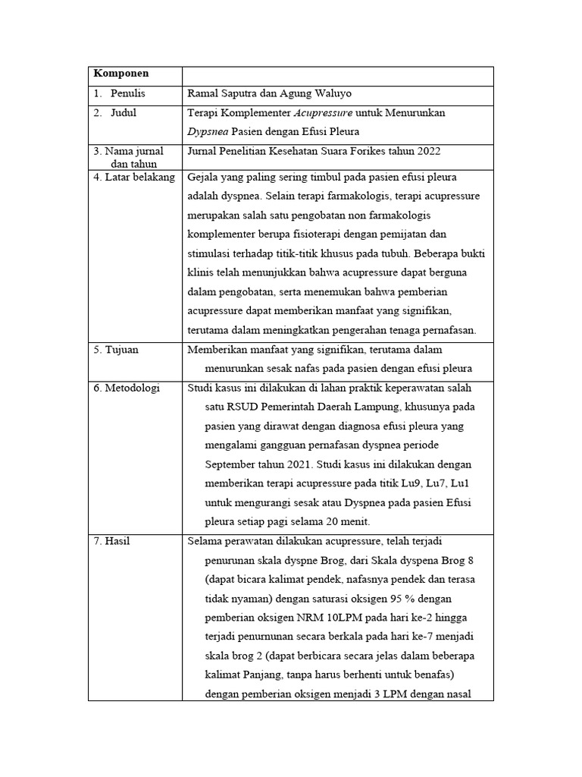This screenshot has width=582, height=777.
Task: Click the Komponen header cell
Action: click(x=121, y=74)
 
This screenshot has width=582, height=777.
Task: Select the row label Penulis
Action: click(x=127, y=93)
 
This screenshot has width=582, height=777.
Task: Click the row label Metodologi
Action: click(x=127, y=388)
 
